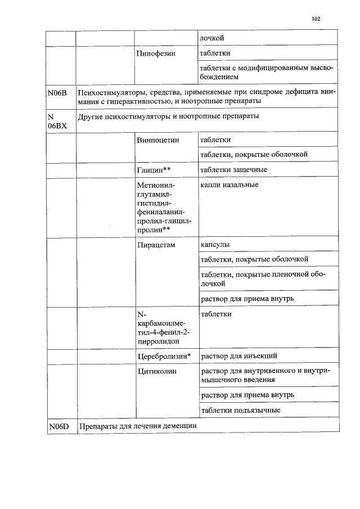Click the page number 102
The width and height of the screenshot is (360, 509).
click(316, 19)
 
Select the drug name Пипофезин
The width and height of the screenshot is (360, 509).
click(156, 54)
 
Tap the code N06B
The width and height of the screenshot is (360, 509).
click(58, 93)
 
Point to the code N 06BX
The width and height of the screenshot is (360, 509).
click(57, 121)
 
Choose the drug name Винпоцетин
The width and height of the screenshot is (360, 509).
click(157, 139)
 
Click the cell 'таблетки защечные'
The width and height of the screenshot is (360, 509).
click(233, 169)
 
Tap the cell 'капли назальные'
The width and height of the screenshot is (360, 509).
click(229, 184)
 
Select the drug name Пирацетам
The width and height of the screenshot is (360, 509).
click(156, 245)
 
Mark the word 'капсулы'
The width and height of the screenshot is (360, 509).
click(215, 245)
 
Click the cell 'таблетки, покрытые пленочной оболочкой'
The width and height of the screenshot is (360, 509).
click(260, 278)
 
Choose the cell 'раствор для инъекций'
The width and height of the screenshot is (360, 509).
click(238, 356)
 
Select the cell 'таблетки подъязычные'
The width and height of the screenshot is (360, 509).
click(240, 410)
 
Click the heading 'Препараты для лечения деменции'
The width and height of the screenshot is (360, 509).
click(138, 425)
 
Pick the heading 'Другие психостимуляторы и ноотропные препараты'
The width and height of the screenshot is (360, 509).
click(169, 116)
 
